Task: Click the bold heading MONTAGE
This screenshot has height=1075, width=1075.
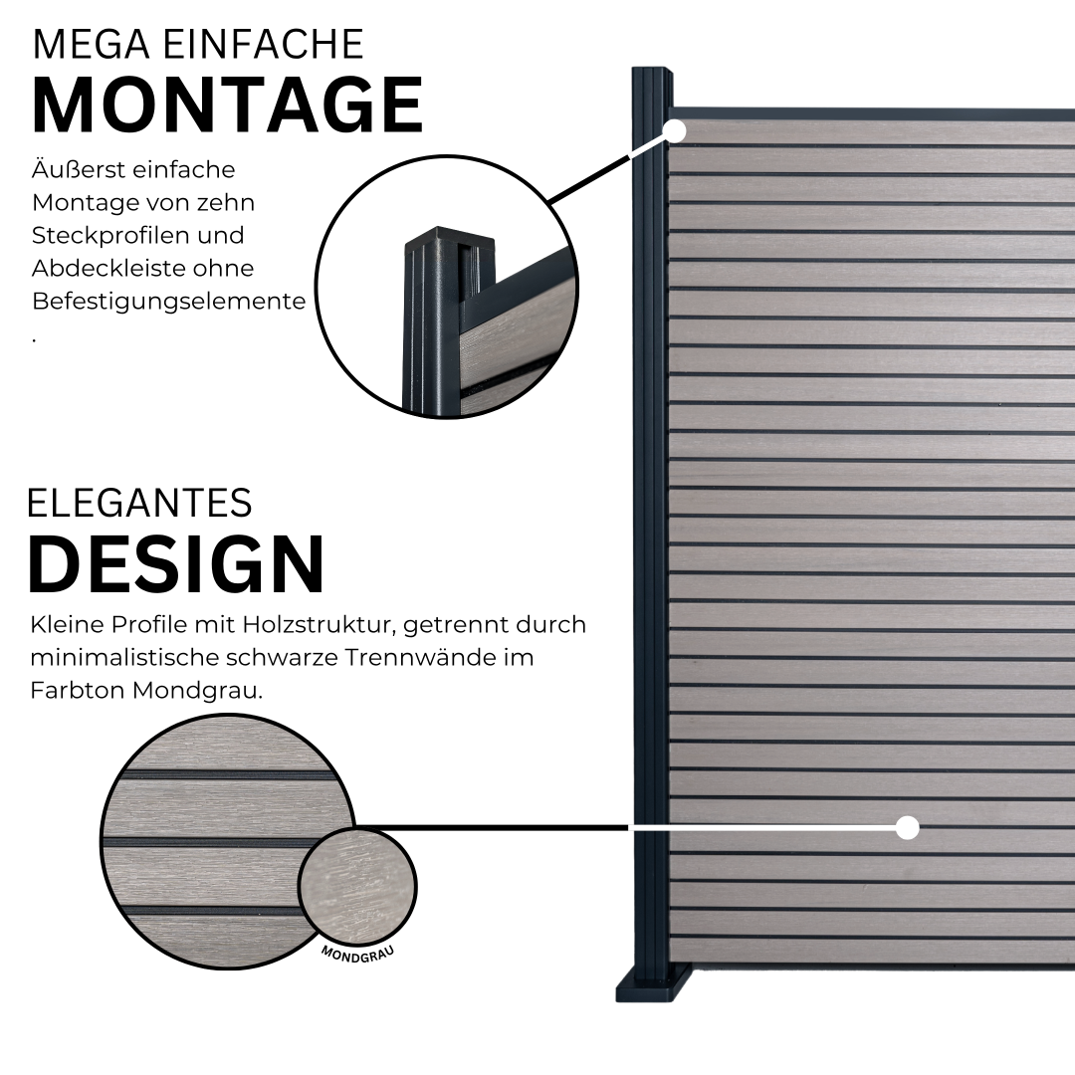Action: [x=228, y=105]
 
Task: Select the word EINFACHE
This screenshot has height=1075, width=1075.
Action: [x=264, y=45]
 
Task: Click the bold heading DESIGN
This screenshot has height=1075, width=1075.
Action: [x=176, y=563]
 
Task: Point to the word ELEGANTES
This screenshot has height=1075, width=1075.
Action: [x=140, y=504]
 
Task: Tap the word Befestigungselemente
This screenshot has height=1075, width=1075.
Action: [x=168, y=302]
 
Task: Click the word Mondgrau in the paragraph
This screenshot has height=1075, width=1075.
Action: [x=197, y=691]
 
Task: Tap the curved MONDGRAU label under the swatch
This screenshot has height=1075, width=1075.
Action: [x=357, y=954]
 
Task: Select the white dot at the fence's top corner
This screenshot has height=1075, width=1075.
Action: [x=675, y=130]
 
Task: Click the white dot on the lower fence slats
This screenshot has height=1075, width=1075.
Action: [x=908, y=827]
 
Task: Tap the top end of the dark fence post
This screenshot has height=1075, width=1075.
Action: [x=651, y=70]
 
